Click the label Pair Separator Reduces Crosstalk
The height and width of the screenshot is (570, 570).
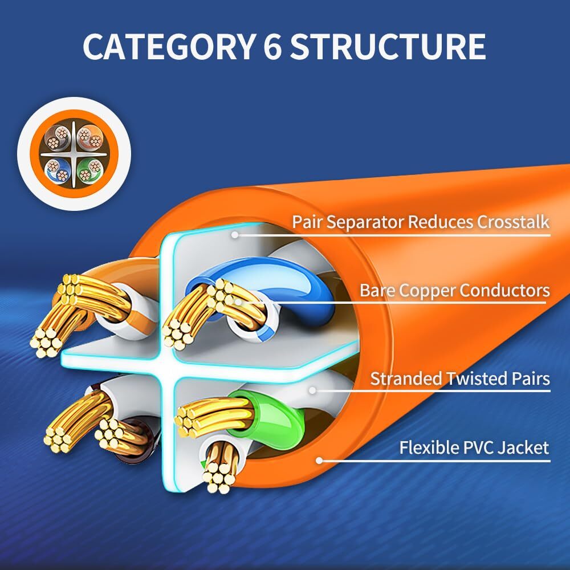coord(421,222)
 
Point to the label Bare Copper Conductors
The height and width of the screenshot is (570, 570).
coord(454,291)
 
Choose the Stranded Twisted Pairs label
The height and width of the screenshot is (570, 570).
coord(460,378)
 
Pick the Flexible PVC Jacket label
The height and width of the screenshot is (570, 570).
coord(474,447)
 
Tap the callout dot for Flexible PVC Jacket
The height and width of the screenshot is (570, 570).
coord(320,460)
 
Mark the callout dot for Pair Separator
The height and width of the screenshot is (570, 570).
coord(234,233)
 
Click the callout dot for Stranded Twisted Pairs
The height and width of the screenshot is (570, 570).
coord(312,390)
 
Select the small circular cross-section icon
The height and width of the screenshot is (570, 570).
coord(74,153)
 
